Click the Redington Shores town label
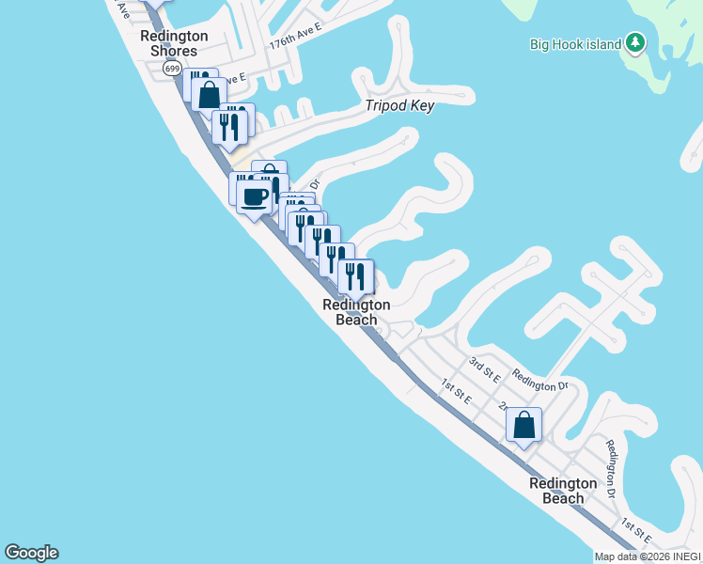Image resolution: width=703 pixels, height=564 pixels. [174, 43]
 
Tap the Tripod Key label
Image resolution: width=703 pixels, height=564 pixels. [399, 106]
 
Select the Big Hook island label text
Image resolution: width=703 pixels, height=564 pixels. [575, 44]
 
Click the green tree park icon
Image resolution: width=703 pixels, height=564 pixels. [636, 42]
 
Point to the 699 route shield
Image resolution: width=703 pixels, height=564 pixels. [171, 69]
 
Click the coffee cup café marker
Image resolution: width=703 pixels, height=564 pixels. [254, 197]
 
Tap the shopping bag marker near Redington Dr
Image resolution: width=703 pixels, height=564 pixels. [524, 425]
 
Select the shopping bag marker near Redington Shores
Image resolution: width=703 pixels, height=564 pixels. [209, 93]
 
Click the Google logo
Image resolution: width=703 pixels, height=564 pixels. [31, 553]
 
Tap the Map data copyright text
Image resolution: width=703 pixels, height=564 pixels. [648, 556]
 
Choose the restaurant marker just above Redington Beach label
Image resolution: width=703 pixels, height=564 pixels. [355, 276]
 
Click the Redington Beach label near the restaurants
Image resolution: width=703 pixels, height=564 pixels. [356, 312]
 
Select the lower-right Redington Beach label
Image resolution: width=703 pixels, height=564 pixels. [563, 491]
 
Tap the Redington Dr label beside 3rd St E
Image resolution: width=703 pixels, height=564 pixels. [540, 381]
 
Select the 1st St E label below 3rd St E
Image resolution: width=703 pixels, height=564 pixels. [458, 390]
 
